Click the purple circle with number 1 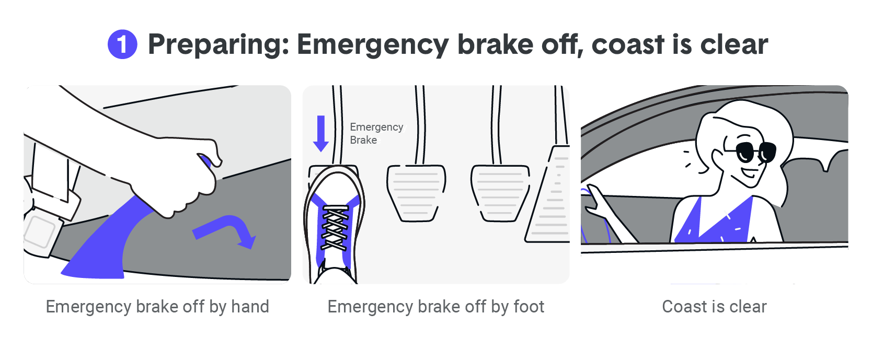pos(122,44)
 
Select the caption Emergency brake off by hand pos(157,307)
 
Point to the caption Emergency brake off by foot pos(436,307)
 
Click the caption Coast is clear pos(714,307)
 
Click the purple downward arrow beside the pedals pos(320,133)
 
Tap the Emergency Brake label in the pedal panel pos(376,133)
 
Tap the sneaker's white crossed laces pos(335,227)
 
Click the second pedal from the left pos(416,193)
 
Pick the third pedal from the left pos(500,193)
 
